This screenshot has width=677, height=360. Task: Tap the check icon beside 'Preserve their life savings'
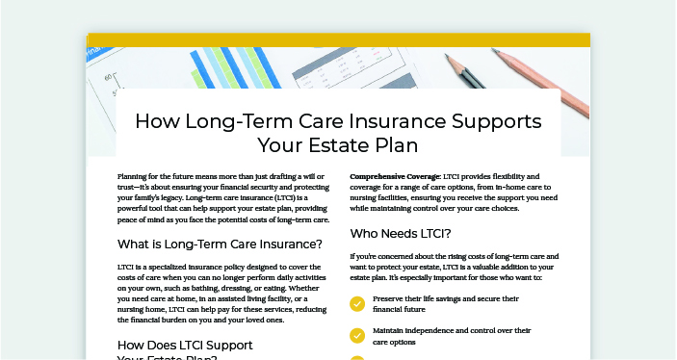357,304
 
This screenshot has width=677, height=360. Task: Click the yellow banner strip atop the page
338,39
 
